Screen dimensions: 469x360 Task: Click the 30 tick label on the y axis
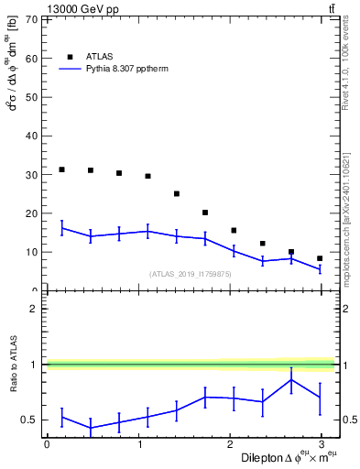coord(31,174)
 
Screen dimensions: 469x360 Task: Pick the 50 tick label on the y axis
coord(31,97)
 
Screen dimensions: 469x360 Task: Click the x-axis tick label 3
coord(321,443)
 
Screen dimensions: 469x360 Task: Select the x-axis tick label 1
coord(137,443)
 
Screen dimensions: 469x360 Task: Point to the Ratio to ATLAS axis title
coord(13,364)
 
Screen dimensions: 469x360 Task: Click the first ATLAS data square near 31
coord(61,169)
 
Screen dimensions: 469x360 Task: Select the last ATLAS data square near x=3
coord(320,258)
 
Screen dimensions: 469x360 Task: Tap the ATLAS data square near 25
coord(177,193)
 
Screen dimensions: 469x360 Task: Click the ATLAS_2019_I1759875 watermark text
coord(191,274)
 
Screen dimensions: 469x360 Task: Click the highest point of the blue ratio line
coord(291,379)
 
